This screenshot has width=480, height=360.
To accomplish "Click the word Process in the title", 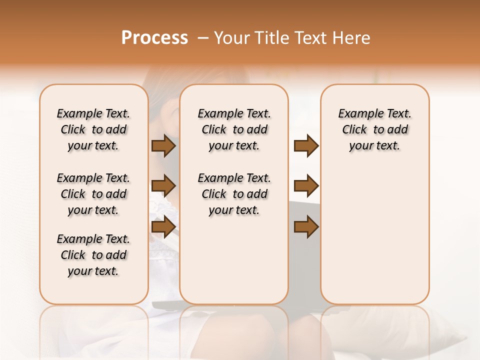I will (x=154, y=38).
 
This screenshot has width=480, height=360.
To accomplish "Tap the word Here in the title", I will (x=352, y=38).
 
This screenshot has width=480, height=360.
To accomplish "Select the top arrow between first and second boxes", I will (x=163, y=146).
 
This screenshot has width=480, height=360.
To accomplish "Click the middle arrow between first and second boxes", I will (x=163, y=186).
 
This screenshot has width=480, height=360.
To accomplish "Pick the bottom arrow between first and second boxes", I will (x=163, y=226).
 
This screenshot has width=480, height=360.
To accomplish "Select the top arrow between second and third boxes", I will (x=306, y=146).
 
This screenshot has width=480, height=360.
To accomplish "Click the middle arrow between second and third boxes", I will (x=306, y=186).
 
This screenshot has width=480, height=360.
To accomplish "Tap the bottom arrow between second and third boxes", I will (x=306, y=226).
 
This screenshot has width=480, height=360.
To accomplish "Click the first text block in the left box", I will (x=93, y=129).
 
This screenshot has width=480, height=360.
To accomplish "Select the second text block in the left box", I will (x=93, y=194).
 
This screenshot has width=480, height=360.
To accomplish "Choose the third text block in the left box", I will (x=93, y=255).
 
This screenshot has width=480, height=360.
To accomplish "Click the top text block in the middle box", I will (x=234, y=129).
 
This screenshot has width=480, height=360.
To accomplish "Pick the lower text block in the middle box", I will (x=234, y=194).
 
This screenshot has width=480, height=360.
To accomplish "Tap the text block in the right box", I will (x=374, y=129).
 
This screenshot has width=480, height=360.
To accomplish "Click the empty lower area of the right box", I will (x=374, y=235).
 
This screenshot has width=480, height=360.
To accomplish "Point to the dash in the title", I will (x=203, y=38).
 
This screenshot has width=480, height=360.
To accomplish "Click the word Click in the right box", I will (x=354, y=130).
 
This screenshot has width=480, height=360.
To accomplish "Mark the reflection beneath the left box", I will (x=93, y=325).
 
